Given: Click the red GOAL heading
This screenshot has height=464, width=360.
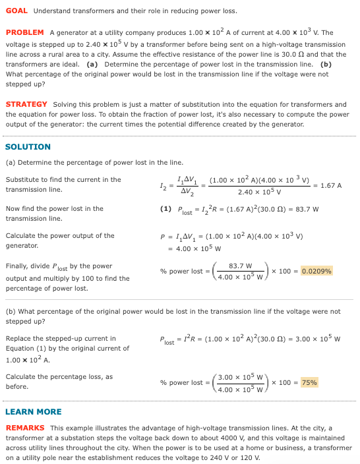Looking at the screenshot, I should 16,11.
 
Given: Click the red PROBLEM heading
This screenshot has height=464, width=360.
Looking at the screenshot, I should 24,32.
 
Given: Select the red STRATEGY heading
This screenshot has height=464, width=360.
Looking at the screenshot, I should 26,104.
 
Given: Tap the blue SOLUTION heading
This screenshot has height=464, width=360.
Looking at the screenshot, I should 28,146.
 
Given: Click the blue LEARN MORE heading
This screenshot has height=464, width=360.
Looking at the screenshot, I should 33,411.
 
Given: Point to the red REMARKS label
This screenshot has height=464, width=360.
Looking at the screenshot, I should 25,428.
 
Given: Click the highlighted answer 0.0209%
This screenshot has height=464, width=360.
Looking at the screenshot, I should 316,270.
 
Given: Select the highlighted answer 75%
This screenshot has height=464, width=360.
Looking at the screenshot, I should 309,382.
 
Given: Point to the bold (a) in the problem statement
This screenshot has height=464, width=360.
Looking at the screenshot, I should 92,64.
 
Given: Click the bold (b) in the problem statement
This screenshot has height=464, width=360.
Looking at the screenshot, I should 326,64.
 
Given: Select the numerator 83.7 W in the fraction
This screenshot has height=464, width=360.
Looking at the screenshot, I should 241,266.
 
